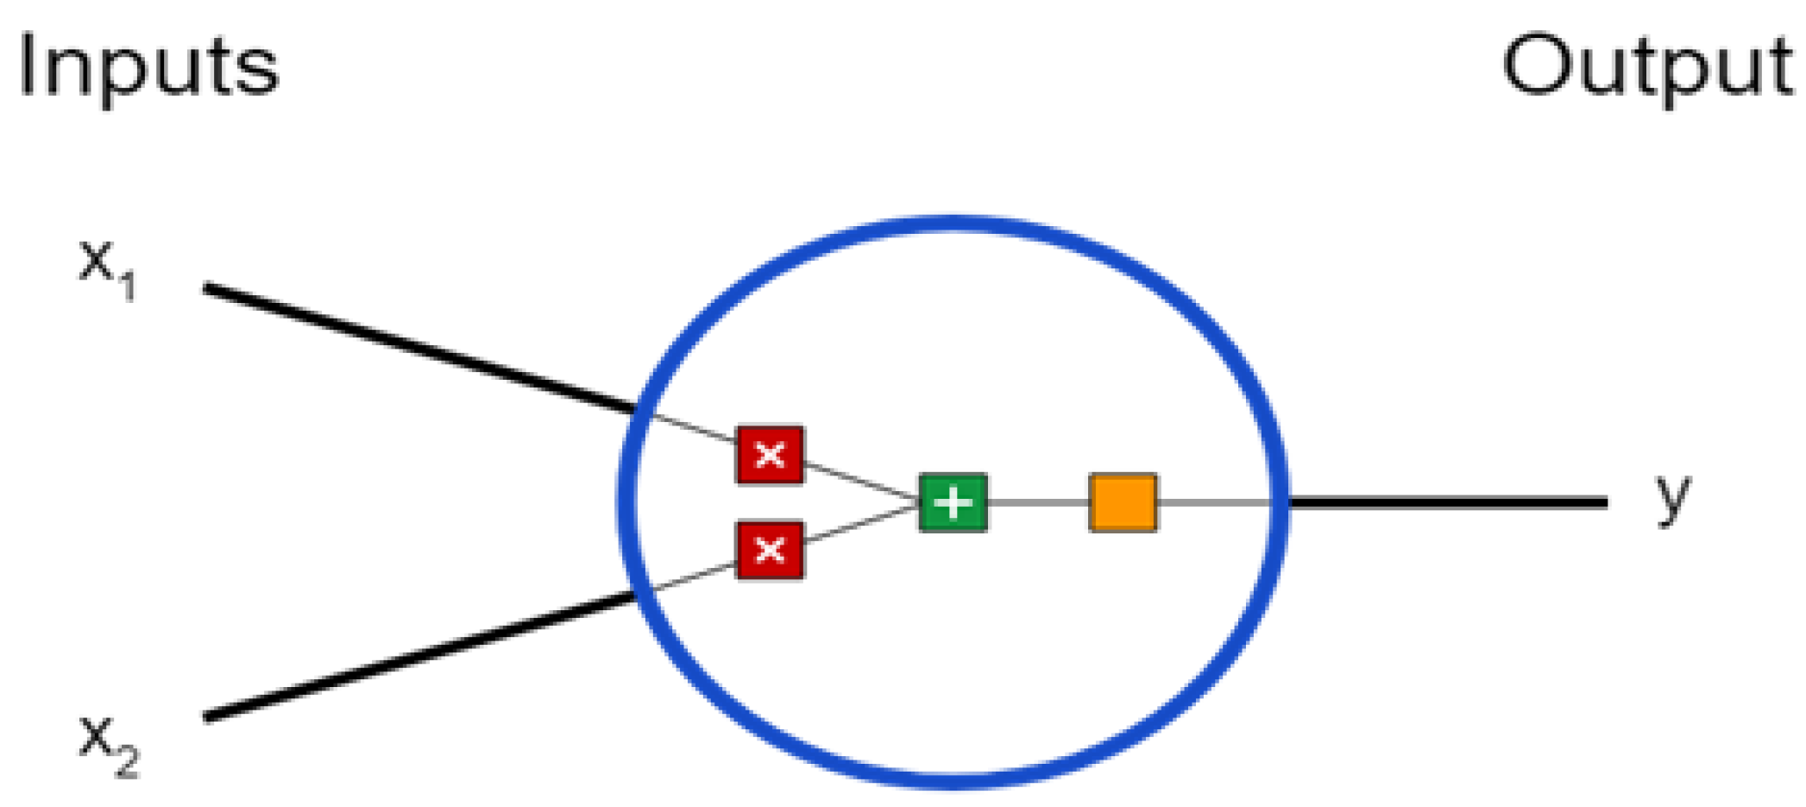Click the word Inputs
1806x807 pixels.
pyautogui.click(x=148, y=67)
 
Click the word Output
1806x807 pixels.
pyautogui.click(x=1646, y=67)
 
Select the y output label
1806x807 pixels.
pyautogui.click(x=1672, y=498)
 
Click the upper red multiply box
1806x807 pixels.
pyautogui.click(x=770, y=454)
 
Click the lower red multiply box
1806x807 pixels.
pyautogui.click(x=770, y=550)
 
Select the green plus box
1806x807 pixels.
pyautogui.click(x=953, y=502)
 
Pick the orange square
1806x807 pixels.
pyautogui.click(x=1123, y=502)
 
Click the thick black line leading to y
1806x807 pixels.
pyautogui.click(x=1450, y=501)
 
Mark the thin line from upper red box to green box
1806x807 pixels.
pyautogui.click(x=861, y=481)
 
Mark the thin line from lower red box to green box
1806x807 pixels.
pyautogui.click(x=861, y=524)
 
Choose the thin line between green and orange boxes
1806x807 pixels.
pyautogui.click(x=1038, y=502)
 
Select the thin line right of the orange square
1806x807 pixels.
pyautogui.click(x=1212, y=502)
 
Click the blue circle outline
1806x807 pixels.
pyautogui.click(x=953, y=223)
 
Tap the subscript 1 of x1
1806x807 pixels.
pyautogui.click(x=128, y=286)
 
